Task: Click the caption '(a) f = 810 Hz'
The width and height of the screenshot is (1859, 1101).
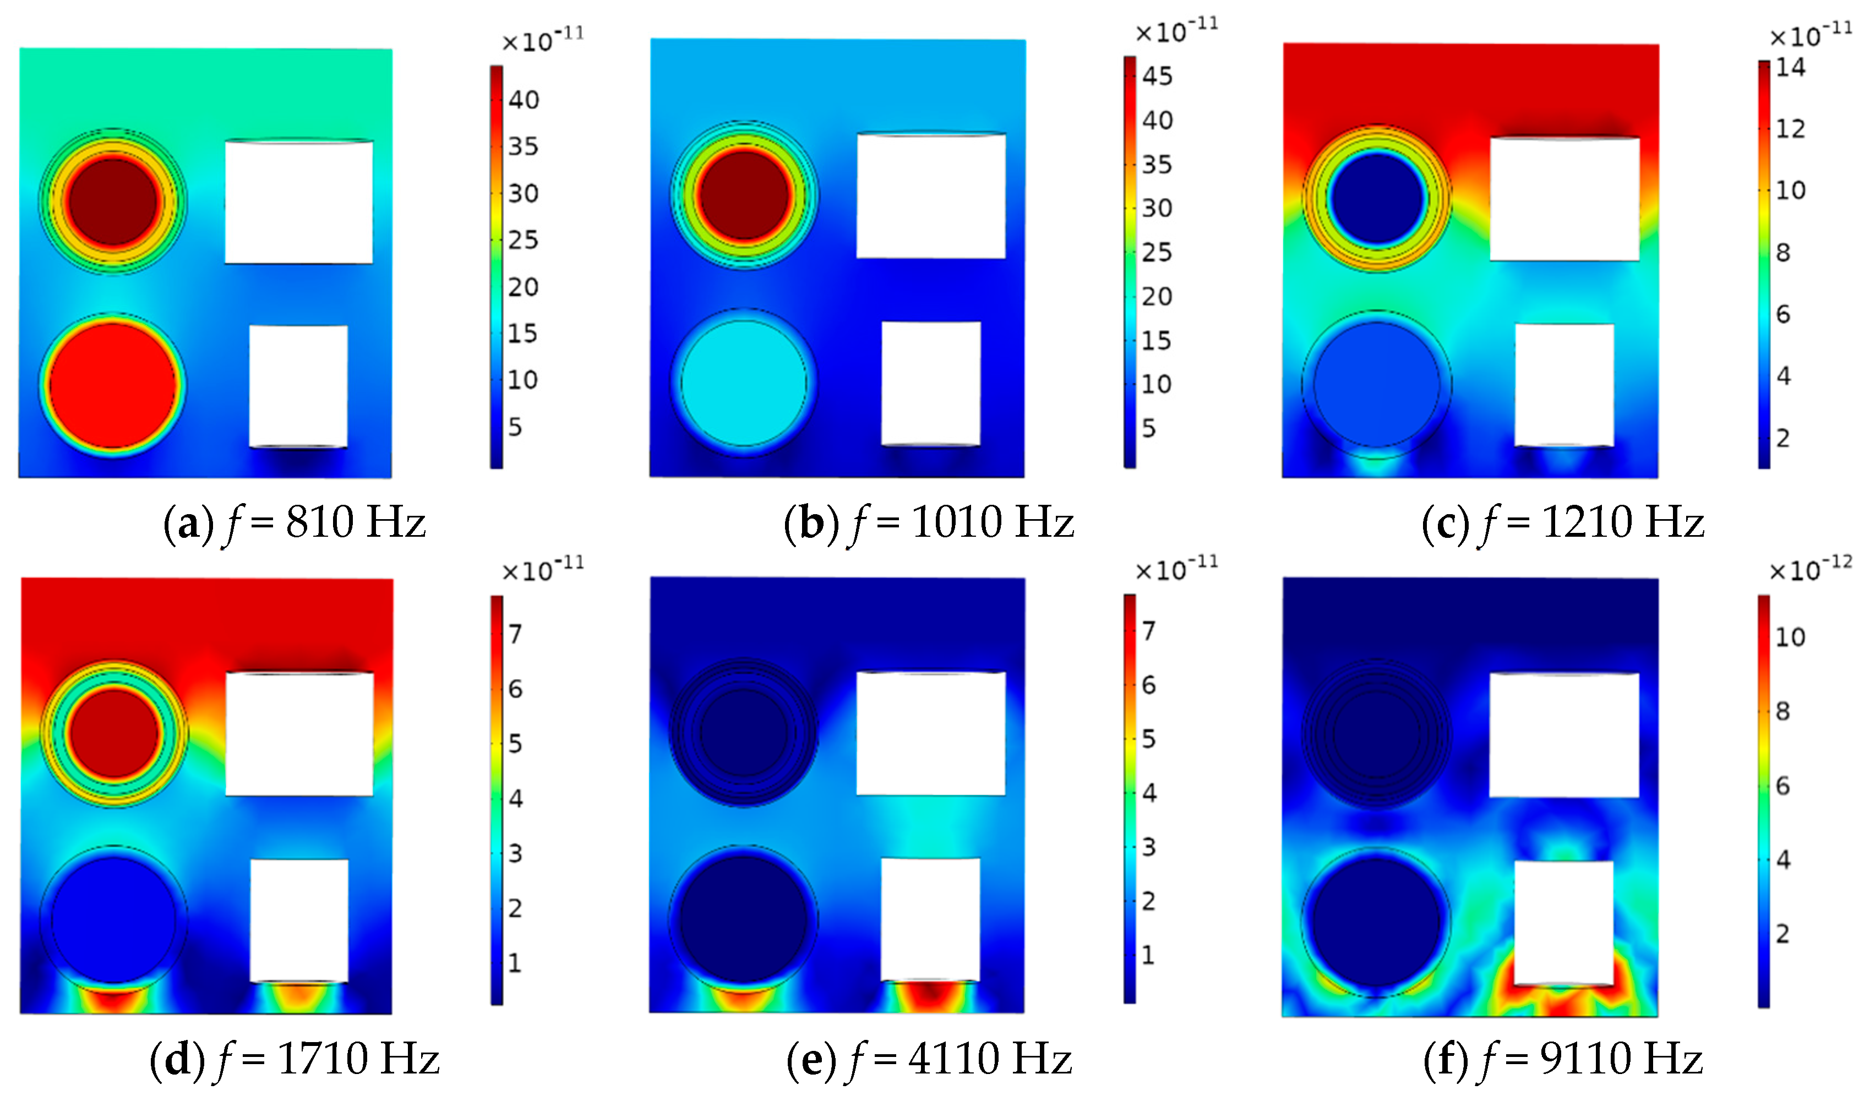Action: pos(295,522)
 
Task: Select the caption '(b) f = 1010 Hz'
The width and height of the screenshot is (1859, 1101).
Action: pos(929,522)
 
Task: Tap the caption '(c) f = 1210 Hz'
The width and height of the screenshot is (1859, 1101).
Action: pos(1562,522)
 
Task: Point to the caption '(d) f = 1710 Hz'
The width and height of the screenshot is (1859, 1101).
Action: pos(295,1058)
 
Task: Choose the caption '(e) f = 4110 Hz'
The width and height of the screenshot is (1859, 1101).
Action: pos(929,1058)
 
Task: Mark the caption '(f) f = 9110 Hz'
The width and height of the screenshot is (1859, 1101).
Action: pos(1562,1058)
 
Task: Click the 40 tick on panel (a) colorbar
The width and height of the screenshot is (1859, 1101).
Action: pos(523,100)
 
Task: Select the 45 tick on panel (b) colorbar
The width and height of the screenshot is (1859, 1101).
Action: pos(1157,75)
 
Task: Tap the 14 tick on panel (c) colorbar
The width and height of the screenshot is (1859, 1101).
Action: pos(1790,68)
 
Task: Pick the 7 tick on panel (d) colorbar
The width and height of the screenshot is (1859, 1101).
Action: pos(515,634)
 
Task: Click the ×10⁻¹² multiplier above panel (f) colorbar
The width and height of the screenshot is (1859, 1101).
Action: pos(1810,570)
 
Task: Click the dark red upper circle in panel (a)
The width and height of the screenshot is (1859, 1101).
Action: pos(113,201)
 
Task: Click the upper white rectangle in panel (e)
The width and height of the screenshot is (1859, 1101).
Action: pos(931,733)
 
